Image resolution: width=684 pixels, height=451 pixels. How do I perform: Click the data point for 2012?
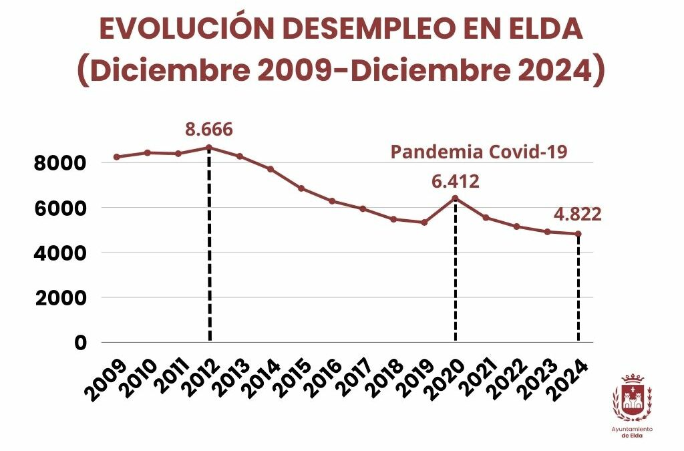tap(209, 148)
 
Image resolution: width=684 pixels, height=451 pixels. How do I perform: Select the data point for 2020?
tap(455, 198)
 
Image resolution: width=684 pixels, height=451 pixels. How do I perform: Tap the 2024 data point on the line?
tap(578, 234)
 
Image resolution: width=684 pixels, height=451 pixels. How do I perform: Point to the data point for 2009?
tap(117, 157)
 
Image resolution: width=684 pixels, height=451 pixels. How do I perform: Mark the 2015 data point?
tap(301, 188)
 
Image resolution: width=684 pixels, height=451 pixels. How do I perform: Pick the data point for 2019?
tap(424, 222)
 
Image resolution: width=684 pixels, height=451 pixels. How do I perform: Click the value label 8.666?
tap(209, 129)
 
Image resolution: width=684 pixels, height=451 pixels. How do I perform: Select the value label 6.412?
tap(455, 181)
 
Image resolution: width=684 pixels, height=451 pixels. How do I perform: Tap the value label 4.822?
tap(578, 214)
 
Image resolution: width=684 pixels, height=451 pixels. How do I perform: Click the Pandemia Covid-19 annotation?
tap(478, 152)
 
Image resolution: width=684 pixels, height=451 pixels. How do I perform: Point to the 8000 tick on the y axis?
tap(61, 163)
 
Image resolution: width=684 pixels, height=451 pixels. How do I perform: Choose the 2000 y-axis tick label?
tap(61, 298)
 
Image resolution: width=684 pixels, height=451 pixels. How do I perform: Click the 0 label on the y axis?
tap(80, 343)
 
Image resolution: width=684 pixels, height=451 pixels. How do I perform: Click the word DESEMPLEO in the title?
tap(341, 29)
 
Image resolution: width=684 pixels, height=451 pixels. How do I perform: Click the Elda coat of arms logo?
tap(632, 397)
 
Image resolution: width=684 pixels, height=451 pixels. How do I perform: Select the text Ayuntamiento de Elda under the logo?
tap(632, 432)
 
